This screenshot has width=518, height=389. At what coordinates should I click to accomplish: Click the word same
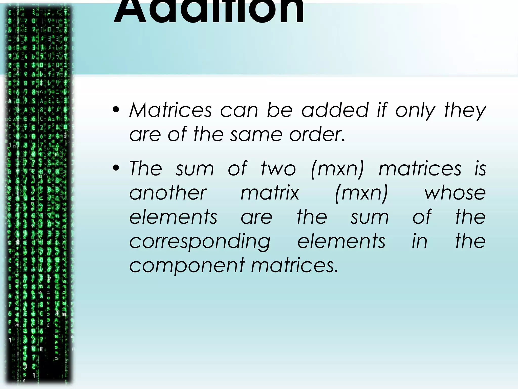256,134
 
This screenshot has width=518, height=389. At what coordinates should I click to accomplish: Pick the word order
317,134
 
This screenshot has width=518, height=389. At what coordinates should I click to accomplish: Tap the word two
278,168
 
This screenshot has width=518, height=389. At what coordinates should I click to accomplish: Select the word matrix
270,193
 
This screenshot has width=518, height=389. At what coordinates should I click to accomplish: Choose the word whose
455,193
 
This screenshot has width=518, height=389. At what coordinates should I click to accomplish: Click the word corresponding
200,242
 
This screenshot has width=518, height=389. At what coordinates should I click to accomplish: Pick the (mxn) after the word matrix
361,193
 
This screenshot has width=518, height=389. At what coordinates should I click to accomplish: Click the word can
239,111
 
